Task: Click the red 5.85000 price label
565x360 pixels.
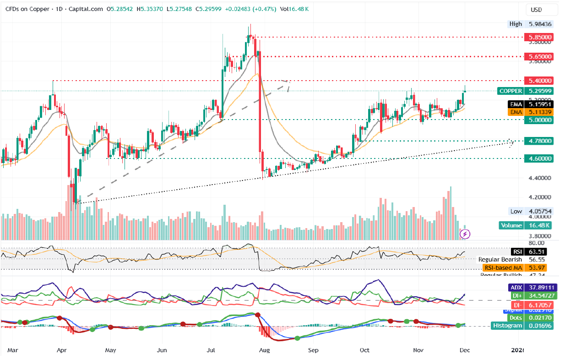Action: click(540, 37)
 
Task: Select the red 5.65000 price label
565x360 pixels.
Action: click(540, 56)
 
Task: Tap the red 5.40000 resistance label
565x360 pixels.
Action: click(540, 80)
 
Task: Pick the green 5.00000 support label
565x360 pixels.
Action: click(540, 120)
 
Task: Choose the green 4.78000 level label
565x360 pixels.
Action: click(540, 141)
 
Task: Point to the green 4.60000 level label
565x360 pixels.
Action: click(540, 158)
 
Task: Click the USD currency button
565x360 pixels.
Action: click(536, 10)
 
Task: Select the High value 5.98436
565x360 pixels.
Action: click(539, 24)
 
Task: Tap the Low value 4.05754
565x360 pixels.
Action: click(539, 211)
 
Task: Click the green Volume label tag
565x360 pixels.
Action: click(511, 225)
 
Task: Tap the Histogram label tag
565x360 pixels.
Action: click(507, 325)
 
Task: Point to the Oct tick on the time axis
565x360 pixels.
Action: click(364, 350)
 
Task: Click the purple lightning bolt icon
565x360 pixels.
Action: click(465, 234)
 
